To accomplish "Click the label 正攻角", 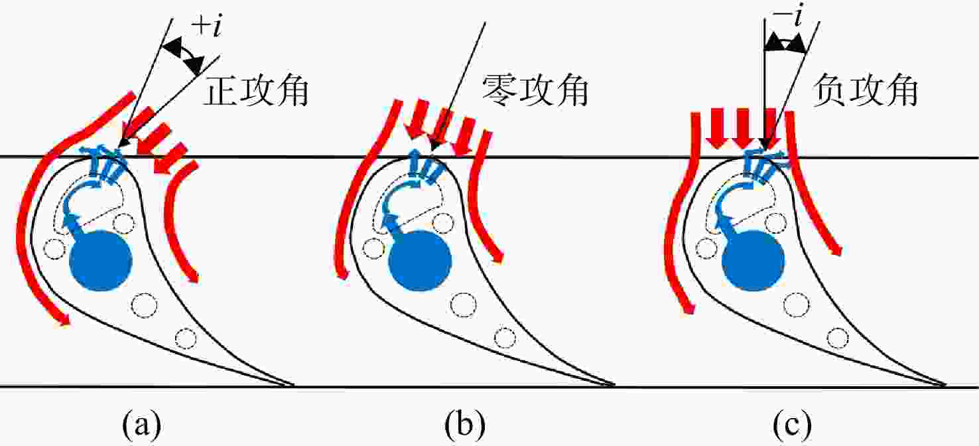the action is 257,92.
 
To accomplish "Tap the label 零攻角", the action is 535,90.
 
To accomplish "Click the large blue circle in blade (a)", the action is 101,260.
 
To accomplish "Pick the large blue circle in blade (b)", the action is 420,260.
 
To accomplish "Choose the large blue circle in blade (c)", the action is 753,260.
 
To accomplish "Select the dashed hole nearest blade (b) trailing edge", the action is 505,338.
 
